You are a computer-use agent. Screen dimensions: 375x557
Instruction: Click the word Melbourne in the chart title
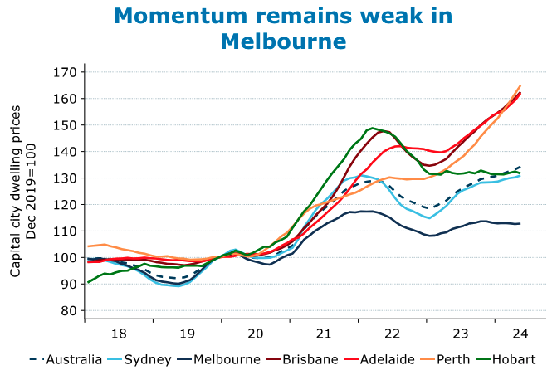tap(283, 40)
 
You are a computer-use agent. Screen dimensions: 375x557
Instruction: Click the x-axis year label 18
tap(119, 334)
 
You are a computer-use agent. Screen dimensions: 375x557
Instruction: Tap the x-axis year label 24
tap(520, 334)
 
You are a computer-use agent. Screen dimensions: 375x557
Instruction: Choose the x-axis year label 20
tap(256, 334)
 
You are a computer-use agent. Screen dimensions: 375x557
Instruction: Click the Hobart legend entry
tap(512, 359)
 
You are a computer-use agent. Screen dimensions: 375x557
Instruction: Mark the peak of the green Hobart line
tap(374, 128)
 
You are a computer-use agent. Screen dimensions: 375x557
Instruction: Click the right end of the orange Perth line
tap(520, 85)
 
